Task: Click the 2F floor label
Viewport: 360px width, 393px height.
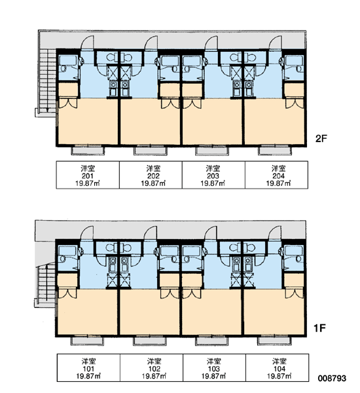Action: coord(321,138)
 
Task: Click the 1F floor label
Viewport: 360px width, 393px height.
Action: coord(319,328)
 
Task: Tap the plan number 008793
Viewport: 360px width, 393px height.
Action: coord(332,378)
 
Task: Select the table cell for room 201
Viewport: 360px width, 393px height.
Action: coord(88,175)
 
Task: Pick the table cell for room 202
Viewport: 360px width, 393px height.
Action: coord(151,175)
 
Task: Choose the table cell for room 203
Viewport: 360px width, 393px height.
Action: coord(213,175)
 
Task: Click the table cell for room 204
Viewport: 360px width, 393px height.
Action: coord(277,175)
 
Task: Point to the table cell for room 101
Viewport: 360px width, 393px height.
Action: coord(88,367)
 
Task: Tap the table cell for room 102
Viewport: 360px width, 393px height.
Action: coord(152,367)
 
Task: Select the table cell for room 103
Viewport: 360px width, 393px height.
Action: coord(215,367)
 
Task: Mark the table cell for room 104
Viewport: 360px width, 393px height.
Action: coord(278,367)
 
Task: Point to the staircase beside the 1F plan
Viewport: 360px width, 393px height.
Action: coord(46,283)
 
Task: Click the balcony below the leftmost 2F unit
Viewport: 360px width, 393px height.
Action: coord(88,151)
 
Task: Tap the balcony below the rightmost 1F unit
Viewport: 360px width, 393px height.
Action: coord(275,341)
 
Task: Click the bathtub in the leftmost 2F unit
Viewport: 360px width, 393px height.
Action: coord(67,60)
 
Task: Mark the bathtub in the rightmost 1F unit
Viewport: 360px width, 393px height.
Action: coord(294,251)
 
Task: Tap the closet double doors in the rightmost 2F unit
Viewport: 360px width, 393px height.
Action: coord(295,103)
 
